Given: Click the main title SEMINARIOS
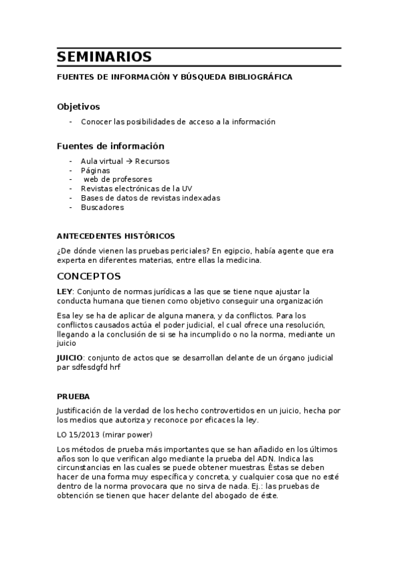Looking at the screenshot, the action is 104,56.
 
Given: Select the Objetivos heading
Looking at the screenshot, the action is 78,106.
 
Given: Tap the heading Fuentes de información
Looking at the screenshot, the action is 110,146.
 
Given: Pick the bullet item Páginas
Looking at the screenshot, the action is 95,170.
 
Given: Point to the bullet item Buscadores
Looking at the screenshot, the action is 102,207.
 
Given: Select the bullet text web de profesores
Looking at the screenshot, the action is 118,179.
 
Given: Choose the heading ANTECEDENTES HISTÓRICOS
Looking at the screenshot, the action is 116,236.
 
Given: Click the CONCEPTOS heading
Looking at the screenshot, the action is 89,276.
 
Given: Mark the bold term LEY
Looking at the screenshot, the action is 65,291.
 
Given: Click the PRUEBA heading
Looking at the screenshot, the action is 73,396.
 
